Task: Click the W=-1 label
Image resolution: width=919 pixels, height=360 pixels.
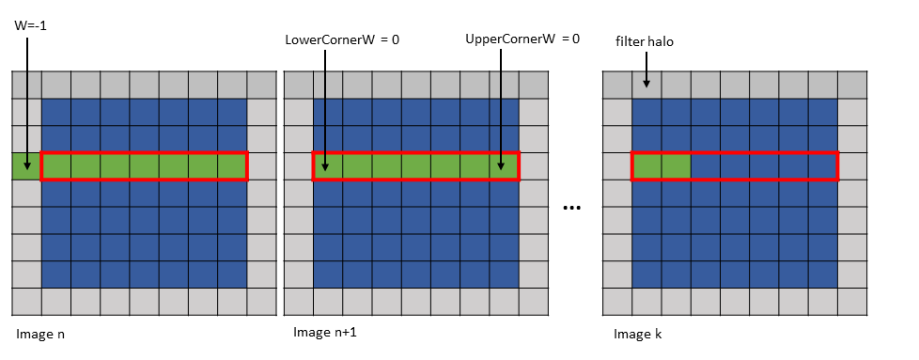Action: point(31,25)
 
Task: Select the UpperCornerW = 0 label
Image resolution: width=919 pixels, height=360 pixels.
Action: point(522,39)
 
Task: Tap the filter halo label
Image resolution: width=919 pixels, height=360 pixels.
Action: point(646,42)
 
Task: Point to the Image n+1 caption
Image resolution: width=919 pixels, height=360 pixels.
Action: point(325,332)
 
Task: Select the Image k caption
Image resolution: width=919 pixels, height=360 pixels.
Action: point(640,334)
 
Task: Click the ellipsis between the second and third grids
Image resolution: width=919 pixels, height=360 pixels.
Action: point(569,207)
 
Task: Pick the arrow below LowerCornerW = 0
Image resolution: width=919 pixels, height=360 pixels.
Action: point(324,103)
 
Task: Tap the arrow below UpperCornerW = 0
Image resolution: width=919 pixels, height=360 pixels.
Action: point(502,103)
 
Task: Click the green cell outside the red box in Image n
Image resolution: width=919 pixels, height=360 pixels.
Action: point(26,166)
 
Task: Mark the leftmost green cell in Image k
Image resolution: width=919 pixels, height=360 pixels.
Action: point(646,166)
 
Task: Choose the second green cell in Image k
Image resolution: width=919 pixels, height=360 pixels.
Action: point(676,166)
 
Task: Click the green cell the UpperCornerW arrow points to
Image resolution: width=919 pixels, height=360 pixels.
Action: point(504,166)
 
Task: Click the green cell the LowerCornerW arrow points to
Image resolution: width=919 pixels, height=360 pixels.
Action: point(327,166)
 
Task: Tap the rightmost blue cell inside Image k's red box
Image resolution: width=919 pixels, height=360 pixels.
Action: point(822,166)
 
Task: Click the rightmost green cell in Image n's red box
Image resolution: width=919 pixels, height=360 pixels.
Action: point(231,166)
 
